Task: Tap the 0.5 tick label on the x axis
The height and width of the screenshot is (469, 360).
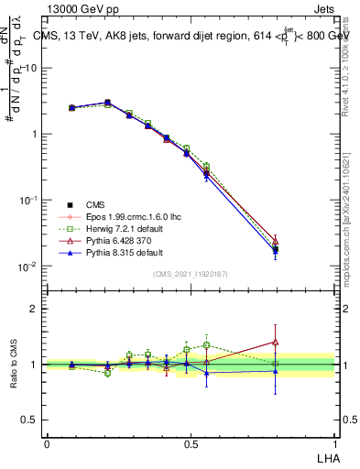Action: [191, 442]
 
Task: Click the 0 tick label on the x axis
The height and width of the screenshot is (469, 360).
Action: [47, 442]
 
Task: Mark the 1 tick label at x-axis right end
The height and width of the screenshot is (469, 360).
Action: [334, 442]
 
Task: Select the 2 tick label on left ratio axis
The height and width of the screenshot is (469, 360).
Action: [35, 310]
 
